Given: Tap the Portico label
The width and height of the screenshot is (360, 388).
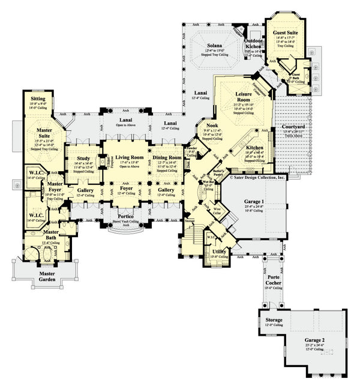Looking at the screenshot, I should click(125, 216).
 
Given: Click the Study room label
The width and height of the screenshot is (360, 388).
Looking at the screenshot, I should click(83, 159).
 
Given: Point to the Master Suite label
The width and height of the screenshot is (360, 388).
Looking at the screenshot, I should click(43, 129).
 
